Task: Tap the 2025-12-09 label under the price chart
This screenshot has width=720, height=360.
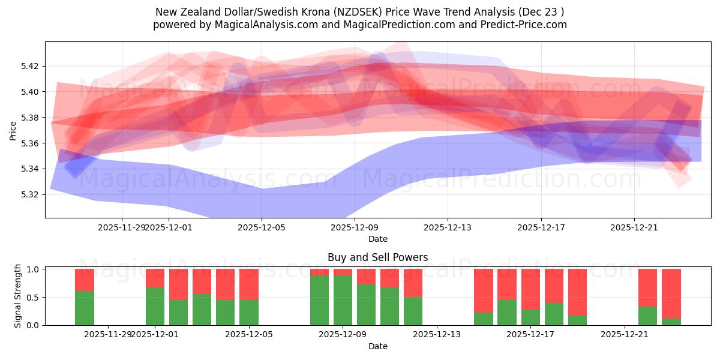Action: tap(355, 228)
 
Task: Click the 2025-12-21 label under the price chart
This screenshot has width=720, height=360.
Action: tap(634, 228)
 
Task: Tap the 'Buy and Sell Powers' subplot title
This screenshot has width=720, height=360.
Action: tap(377, 257)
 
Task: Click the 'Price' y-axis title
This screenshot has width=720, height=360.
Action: tap(13, 130)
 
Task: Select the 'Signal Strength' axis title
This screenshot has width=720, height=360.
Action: tap(18, 296)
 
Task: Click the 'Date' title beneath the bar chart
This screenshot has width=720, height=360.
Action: tap(377, 346)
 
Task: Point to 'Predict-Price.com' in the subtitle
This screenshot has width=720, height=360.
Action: tap(525, 25)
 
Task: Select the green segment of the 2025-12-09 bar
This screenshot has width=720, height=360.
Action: tap(343, 300)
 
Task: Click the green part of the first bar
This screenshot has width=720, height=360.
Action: tap(85, 308)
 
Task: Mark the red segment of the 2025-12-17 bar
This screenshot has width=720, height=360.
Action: tap(530, 289)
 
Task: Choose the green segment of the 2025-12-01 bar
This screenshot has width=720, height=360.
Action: tap(155, 306)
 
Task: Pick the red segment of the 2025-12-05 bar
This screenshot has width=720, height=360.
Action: tap(249, 284)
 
